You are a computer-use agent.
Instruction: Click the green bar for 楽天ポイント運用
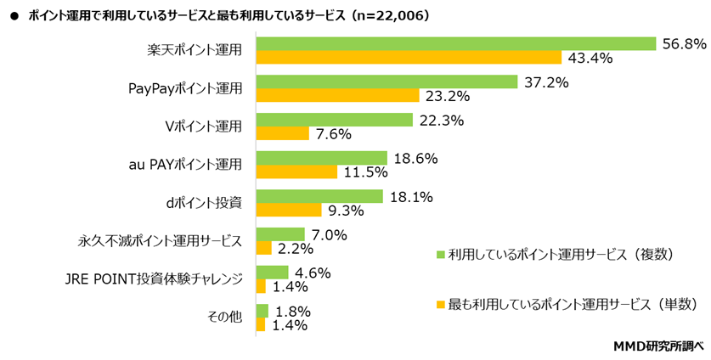(455, 43)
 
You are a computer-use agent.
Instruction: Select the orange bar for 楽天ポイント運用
(409, 57)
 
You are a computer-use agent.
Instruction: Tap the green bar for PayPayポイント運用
(387, 82)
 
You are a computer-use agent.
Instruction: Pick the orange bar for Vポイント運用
(282, 133)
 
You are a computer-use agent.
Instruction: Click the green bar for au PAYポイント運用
(321, 158)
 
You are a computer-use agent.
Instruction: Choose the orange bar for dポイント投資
(288, 210)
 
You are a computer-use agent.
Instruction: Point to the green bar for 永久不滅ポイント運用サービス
(279, 234)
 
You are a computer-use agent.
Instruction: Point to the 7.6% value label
(331, 134)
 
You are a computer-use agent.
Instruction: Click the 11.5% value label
(364, 172)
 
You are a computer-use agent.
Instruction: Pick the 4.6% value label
(313, 273)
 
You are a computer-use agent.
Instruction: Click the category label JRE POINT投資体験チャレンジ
(155, 278)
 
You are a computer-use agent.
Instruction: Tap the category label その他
(225, 317)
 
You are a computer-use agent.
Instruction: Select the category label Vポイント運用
(204, 127)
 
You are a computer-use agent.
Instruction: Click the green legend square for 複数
(440, 254)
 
